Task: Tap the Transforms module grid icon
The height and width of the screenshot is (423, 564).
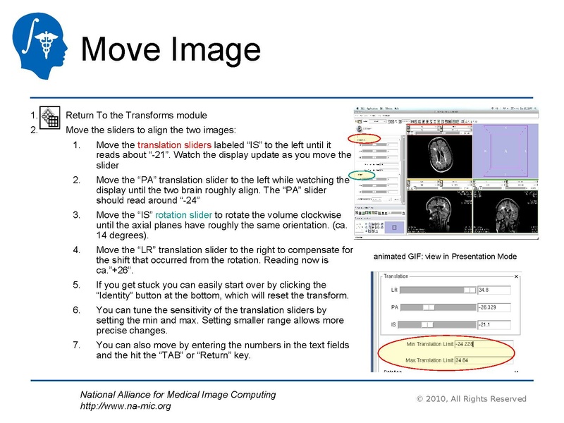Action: pos(49,118)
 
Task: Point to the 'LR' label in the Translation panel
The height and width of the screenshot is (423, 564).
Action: pos(395,290)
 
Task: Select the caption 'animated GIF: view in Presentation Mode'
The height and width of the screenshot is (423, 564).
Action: pos(445,257)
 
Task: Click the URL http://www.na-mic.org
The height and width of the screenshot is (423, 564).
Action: pos(125,406)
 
